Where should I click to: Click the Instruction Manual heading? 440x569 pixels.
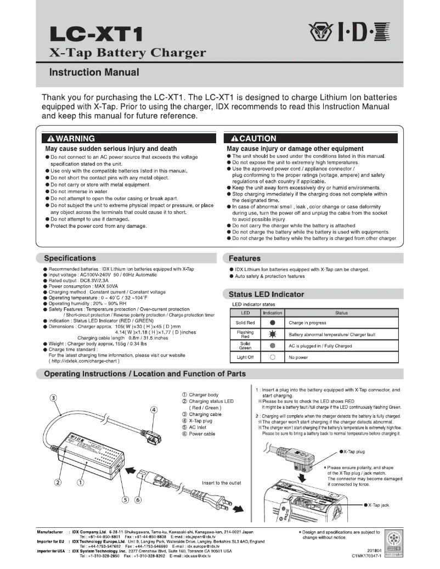pos(94,72)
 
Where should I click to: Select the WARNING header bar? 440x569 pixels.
pos(129,138)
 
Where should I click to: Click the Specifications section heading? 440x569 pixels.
pos(70,258)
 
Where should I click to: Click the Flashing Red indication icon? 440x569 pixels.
pos(273,334)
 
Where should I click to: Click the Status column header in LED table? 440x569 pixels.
pos(341,313)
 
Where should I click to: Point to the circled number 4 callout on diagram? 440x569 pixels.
pos(154,409)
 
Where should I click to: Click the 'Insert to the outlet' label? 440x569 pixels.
pos(223,482)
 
